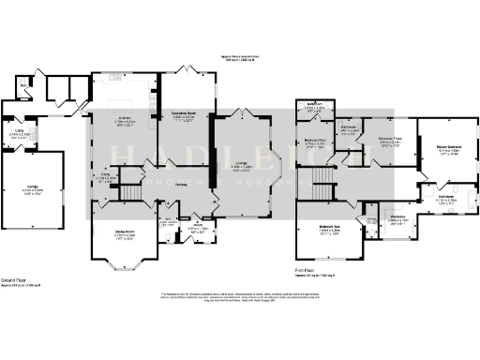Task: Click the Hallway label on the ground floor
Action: (x=178, y=185)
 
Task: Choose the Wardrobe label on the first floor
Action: (x=397, y=220)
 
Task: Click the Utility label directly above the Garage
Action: (x=31, y=132)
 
